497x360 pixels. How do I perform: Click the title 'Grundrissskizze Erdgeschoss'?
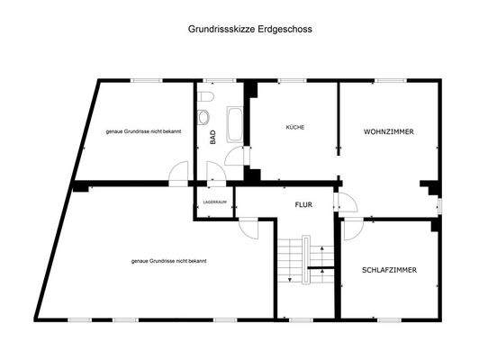point(248,29)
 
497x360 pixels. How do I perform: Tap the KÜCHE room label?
point(295,128)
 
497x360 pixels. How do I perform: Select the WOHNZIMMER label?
point(389,131)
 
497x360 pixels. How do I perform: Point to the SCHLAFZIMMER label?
point(389,269)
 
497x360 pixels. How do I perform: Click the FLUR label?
point(303,204)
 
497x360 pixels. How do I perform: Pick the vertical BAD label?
point(213,138)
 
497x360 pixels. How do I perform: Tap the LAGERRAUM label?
point(213,202)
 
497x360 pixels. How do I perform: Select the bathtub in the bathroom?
point(235,125)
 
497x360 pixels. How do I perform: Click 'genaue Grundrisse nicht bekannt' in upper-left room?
point(142,131)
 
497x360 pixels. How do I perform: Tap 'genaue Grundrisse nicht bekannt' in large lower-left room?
point(168,261)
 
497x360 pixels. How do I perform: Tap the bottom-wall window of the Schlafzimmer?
point(389,319)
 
